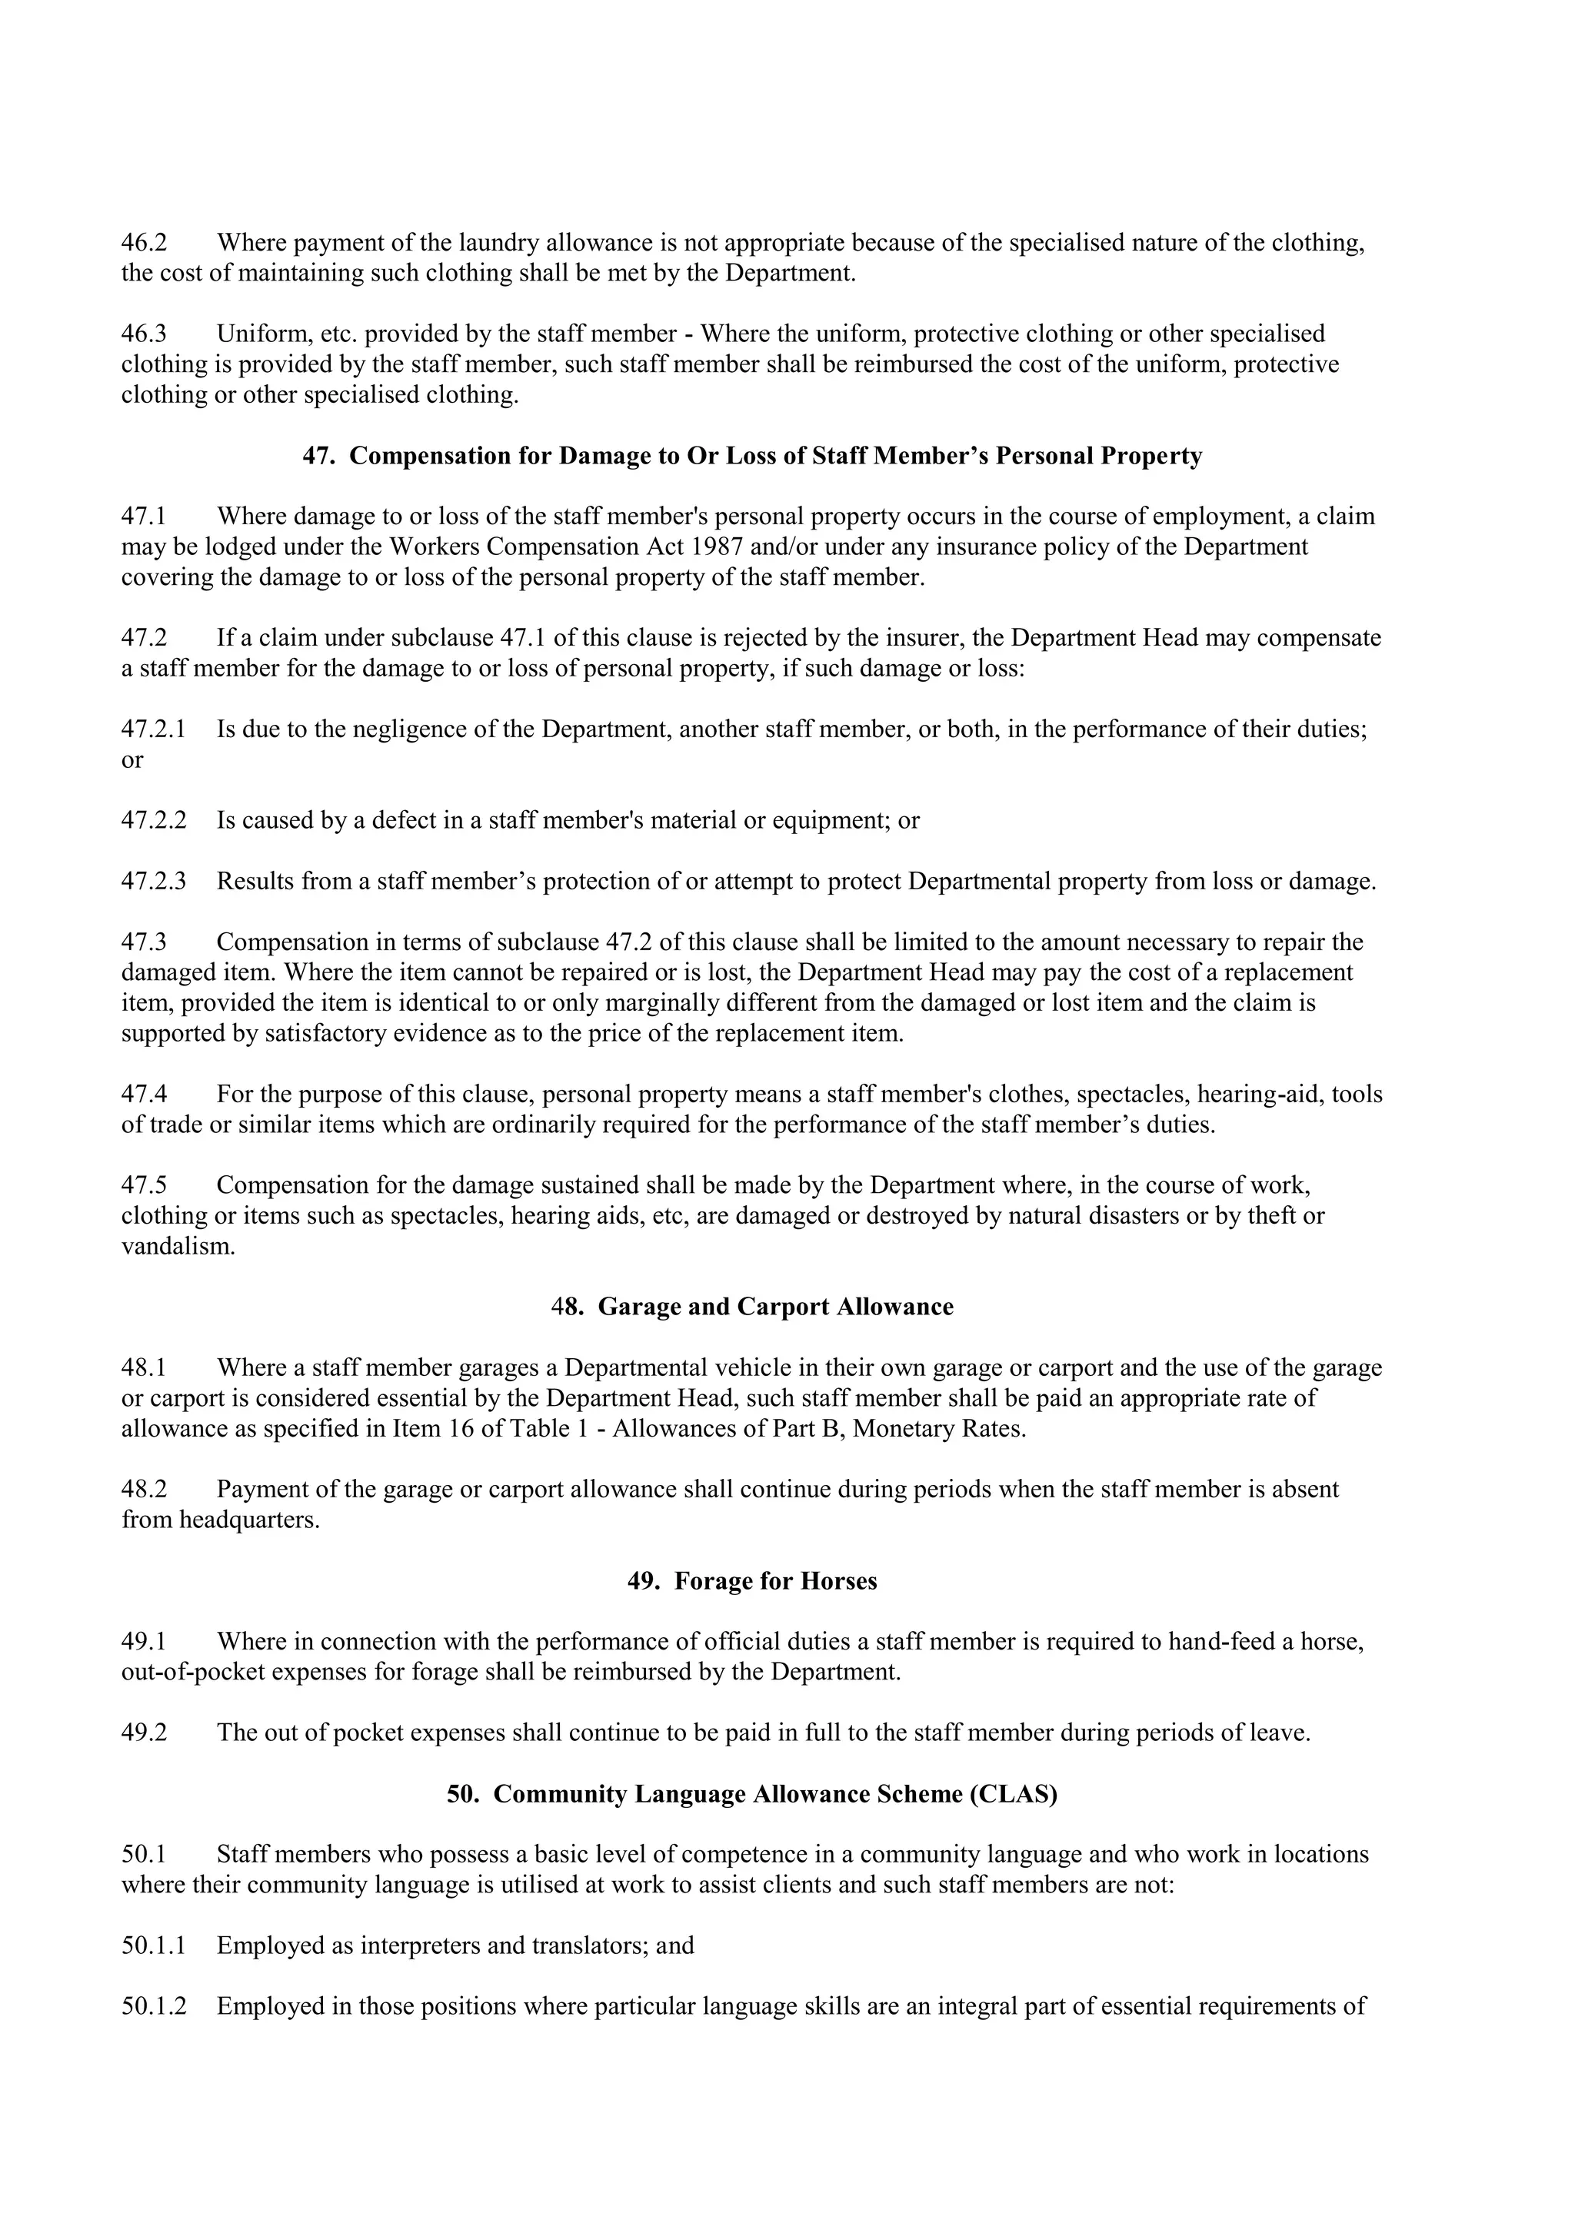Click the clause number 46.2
tap(144, 242)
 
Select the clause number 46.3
tap(144, 334)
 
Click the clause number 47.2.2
tap(153, 820)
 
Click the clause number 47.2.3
tap(153, 882)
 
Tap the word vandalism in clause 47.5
tap(178, 1246)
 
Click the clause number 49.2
tap(144, 1733)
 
